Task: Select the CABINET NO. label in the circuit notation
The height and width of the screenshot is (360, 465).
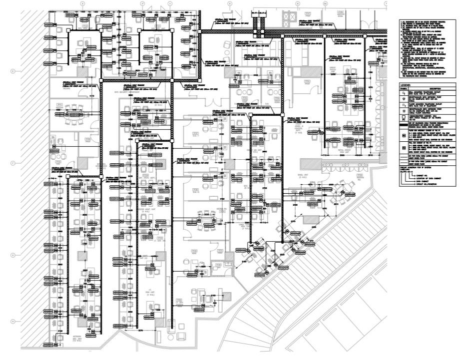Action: tap(424, 176)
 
